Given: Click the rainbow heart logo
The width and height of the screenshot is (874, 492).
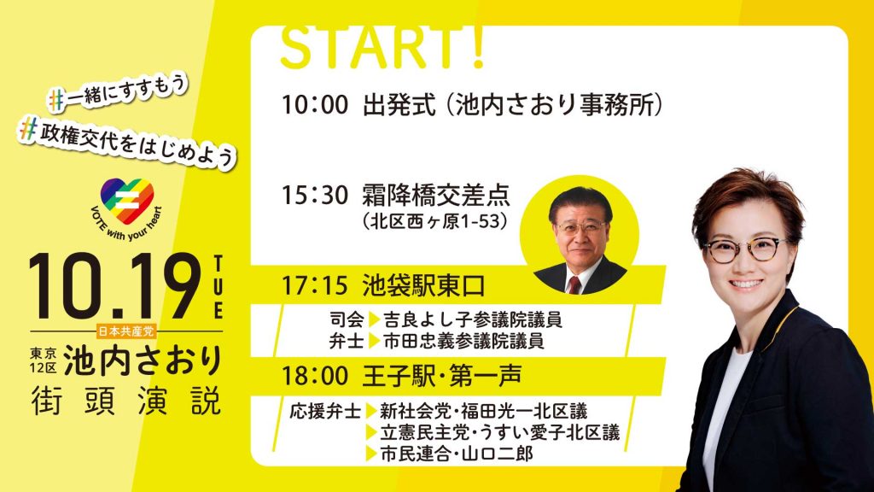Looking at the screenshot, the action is (127, 201).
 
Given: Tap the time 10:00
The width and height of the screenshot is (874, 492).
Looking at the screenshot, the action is (315, 105).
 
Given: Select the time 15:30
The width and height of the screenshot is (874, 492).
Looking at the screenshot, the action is (315, 196).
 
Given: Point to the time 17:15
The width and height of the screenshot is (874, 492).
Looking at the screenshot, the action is (315, 285).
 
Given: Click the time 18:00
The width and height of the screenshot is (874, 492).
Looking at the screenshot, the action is (315, 376).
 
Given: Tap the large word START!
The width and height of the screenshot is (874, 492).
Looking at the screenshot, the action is (382, 48).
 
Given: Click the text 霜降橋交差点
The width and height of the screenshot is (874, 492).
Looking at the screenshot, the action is (436, 196).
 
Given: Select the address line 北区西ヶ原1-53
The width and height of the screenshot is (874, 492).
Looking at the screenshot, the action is (435, 222).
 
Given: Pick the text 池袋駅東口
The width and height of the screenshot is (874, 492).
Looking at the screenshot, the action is (423, 285).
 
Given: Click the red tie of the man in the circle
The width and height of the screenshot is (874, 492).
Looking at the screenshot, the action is (574, 285).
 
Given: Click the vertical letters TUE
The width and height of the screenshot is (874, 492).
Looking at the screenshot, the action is (218, 287).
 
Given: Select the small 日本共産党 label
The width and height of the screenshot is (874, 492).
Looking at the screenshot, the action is (126, 331).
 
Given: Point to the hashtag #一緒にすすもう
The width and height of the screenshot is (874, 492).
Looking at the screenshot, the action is (118, 91).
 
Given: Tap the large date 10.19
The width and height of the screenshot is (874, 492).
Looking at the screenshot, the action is (115, 287).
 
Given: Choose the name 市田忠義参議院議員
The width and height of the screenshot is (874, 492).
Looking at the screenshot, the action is (463, 341).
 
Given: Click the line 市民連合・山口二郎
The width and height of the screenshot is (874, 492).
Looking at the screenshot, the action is (457, 454).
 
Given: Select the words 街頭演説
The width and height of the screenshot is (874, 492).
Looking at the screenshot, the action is (126, 401).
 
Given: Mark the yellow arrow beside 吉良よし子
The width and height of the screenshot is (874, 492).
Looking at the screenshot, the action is (374, 319).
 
